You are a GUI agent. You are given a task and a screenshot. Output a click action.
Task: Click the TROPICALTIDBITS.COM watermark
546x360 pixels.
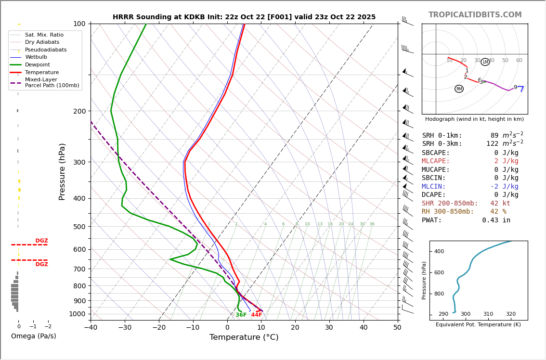(475, 15)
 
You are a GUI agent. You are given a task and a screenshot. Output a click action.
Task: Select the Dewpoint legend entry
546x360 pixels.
(37, 64)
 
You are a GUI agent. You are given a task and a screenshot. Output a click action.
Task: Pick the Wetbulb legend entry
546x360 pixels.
(36, 57)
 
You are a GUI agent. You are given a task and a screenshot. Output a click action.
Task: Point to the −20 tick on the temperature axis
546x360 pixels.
(159, 328)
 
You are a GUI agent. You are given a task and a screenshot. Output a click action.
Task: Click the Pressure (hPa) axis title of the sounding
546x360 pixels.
(62, 171)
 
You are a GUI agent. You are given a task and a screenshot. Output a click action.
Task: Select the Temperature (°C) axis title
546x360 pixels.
(244, 337)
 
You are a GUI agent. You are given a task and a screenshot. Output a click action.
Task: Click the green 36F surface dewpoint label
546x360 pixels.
(241, 315)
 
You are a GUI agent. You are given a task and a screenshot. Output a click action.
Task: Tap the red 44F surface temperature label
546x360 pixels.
(257, 315)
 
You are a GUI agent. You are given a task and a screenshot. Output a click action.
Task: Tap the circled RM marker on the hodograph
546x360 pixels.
(459, 89)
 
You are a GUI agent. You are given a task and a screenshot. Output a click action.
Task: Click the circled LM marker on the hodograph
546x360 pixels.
(485, 62)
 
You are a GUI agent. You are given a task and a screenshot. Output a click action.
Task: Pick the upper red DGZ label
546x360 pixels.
(41, 241)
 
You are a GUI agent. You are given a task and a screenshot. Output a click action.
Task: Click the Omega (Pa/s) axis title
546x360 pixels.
(33, 336)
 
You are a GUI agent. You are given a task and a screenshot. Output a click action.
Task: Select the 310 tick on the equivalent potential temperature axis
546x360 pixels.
(488, 314)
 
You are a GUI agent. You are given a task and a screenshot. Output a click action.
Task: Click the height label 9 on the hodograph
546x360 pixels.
(515, 88)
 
